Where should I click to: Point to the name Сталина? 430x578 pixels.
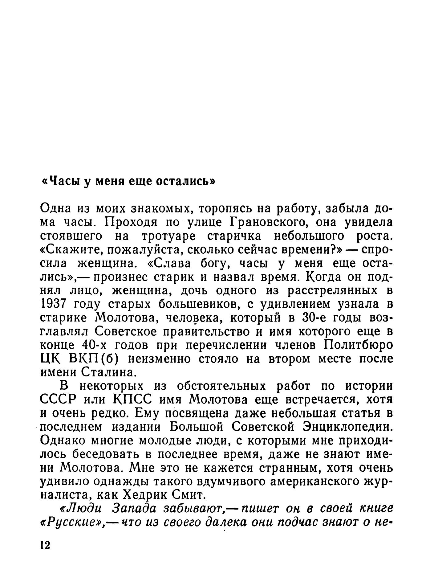pyautogui.click(x=108, y=372)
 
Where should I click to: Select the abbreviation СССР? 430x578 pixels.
pyautogui.click(x=58, y=400)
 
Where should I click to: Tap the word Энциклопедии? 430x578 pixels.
pyautogui.click(x=348, y=427)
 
